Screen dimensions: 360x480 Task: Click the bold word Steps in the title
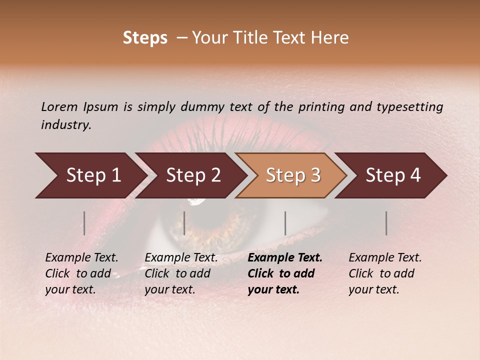click(145, 38)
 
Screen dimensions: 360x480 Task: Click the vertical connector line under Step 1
click(84, 223)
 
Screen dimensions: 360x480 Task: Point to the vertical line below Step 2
click(184, 223)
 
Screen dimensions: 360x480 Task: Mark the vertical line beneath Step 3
click(285, 223)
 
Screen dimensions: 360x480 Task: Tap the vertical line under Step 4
click(386, 223)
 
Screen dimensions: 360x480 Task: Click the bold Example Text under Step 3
click(285, 258)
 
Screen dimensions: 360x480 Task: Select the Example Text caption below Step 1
click(81, 258)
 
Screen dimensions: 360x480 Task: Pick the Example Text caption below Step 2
click(181, 258)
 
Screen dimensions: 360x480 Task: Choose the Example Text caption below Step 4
click(385, 258)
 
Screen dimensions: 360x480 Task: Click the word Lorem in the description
click(59, 106)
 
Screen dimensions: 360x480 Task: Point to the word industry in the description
click(66, 124)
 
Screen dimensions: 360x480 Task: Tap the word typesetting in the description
click(413, 106)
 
